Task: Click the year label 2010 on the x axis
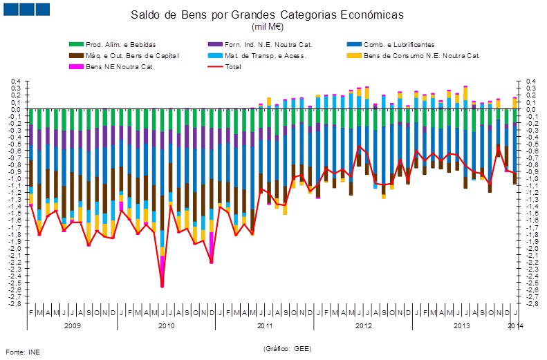click(x=167, y=325)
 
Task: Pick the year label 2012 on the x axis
click(x=364, y=325)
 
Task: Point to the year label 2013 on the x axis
click(x=462, y=325)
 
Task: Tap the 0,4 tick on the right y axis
click(x=532, y=82)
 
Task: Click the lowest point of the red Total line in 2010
click(x=163, y=286)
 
